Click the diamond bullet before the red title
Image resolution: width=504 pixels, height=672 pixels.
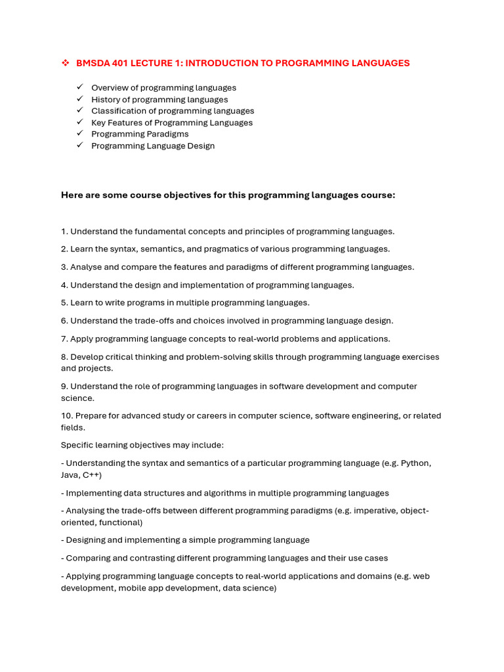coord(65,63)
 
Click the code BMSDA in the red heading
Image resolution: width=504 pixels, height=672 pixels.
coord(91,63)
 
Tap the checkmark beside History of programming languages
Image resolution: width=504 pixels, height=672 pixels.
coord(79,99)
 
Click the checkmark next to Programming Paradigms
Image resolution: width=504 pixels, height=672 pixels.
coord(79,134)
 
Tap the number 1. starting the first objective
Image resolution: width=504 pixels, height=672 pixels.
coord(64,231)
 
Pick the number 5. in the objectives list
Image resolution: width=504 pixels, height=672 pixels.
coord(64,303)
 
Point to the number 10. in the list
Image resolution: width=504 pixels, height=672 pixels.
coord(67,415)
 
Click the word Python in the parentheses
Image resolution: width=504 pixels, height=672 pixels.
coord(417,463)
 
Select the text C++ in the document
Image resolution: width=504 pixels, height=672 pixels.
coord(92,474)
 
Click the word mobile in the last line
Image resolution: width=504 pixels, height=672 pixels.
coord(140,588)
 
